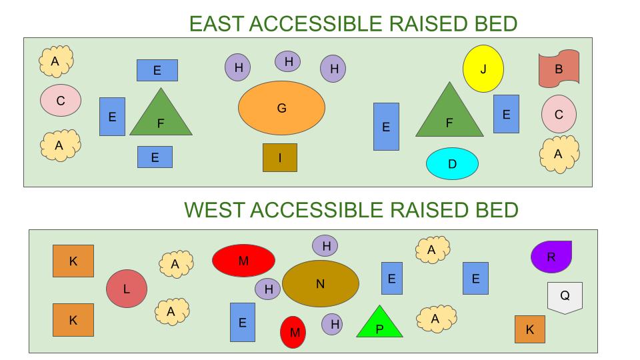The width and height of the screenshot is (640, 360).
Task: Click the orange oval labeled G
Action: click(281, 107)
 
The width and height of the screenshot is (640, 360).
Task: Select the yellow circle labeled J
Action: click(483, 69)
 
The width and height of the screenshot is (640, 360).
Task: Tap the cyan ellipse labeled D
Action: click(452, 164)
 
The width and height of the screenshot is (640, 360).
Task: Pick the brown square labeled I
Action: click(280, 157)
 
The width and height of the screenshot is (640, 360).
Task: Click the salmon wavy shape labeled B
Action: click(559, 68)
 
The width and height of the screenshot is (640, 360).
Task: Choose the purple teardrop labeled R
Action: click(551, 257)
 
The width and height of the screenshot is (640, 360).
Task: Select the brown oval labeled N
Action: click(321, 283)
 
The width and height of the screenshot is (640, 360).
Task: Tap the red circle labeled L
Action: click(127, 289)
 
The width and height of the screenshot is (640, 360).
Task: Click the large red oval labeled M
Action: click(243, 261)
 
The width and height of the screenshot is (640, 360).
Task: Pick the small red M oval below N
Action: click(293, 332)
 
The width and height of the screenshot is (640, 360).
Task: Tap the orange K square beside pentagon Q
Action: click(530, 329)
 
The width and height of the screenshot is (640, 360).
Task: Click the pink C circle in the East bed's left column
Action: click(61, 101)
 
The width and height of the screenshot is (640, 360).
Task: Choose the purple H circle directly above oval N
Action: click(326, 246)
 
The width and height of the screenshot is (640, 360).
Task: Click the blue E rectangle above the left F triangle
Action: click(157, 70)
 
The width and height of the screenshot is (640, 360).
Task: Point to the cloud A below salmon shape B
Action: click(559, 154)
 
